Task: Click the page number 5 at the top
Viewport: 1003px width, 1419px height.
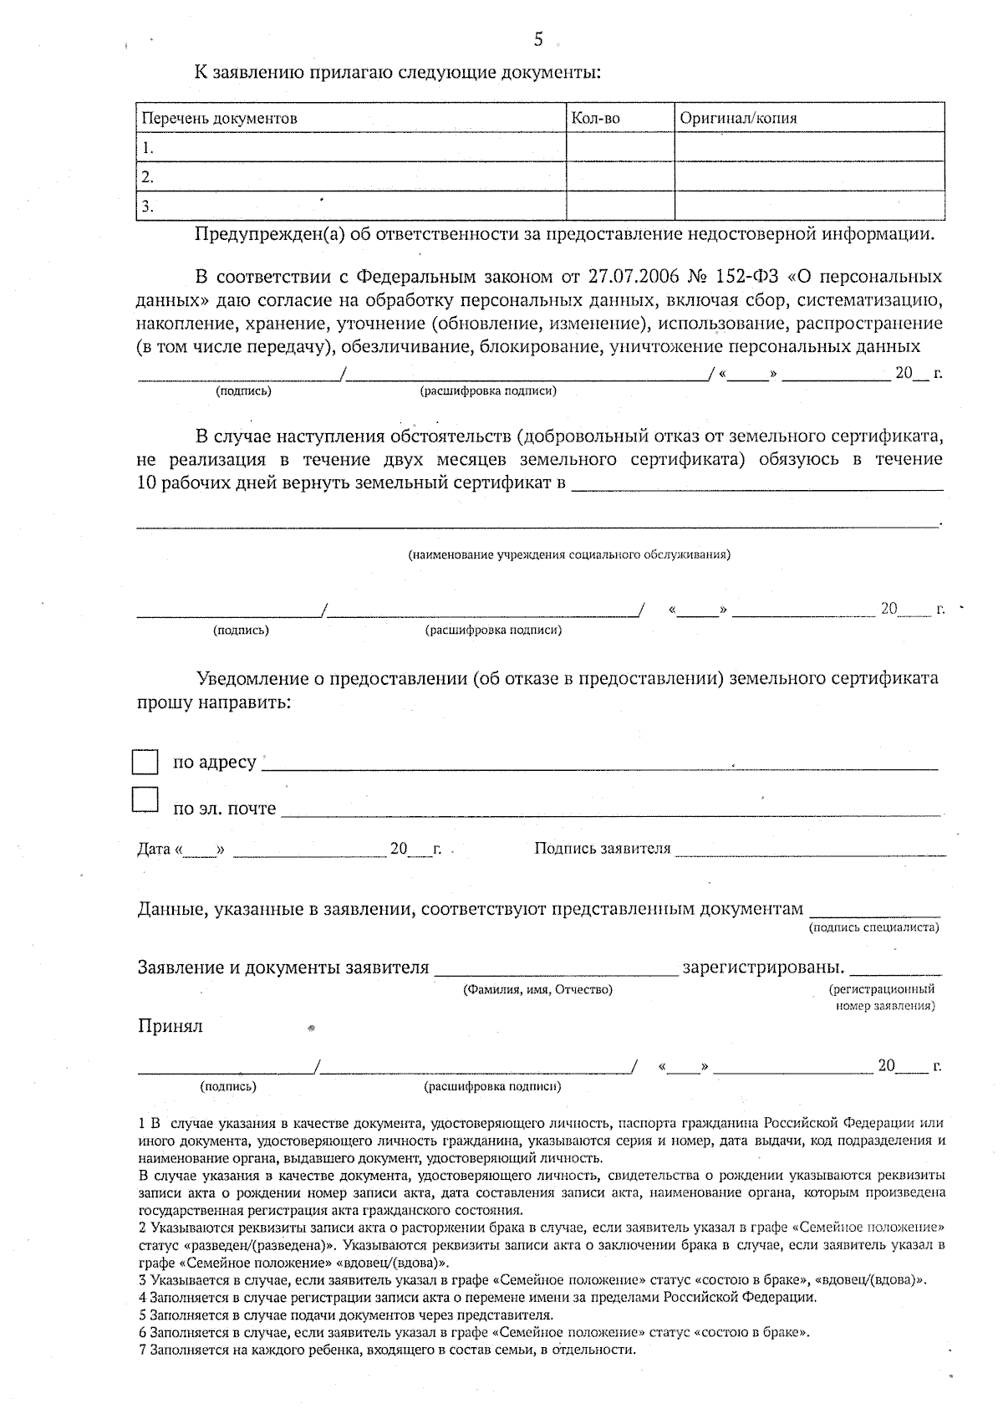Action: tap(538, 39)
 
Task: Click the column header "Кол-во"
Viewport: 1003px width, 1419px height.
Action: tap(595, 119)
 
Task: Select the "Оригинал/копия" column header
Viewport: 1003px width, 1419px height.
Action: tap(738, 119)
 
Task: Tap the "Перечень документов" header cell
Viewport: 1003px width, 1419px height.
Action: tap(219, 119)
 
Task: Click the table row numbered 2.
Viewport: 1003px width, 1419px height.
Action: tap(351, 177)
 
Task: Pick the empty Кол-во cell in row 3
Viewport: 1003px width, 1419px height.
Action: tap(619, 206)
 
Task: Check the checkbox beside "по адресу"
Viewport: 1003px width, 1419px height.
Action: tap(145, 762)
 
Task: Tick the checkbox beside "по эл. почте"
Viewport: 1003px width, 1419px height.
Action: tap(145, 800)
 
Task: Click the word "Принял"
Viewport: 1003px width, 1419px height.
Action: tap(171, 1026)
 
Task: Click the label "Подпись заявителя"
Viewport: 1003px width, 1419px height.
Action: tap(602, 849)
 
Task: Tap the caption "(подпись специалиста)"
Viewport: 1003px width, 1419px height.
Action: tap(873, 927)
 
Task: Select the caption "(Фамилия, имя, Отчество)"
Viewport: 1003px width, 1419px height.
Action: tap(537, 989)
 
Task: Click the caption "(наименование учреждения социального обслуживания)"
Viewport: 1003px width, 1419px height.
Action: tap(569, 554)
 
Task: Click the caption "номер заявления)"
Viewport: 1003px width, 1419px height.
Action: tap(885, 1006)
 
